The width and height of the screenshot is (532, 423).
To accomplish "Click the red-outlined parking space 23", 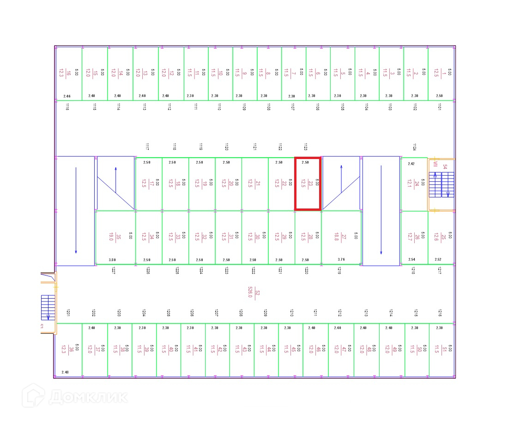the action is [308, 184].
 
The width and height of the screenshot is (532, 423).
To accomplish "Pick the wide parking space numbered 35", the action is [115, 237].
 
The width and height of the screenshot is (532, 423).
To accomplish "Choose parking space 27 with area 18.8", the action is [341, 237].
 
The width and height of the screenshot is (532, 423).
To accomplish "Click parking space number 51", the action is [442, 349].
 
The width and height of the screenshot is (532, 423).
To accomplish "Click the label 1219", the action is [339, 271].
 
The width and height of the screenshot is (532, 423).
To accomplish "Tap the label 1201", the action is [68, 313].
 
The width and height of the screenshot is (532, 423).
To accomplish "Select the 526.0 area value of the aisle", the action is [250, 292].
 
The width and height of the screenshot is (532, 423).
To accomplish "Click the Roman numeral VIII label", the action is [435, 165].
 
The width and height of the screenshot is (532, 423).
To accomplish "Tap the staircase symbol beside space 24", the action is [441, 184].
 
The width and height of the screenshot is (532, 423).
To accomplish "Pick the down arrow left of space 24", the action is [381, 210].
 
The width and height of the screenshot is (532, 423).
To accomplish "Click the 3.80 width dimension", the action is [113, 260].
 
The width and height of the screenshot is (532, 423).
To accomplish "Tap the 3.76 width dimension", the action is [341, 260].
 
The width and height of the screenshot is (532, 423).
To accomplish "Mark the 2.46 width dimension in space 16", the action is [67, 96].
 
